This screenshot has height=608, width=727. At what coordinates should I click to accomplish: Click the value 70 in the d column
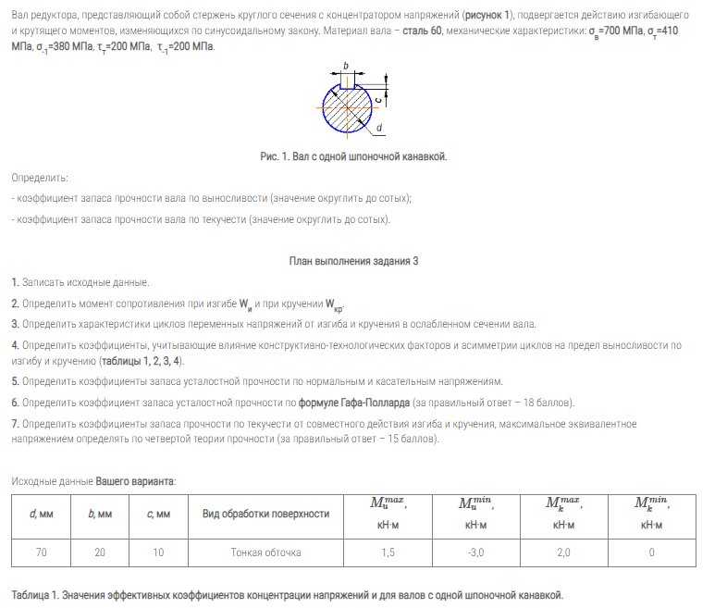coord(42,552)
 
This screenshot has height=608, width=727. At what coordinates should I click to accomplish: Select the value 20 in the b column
coord(99,552)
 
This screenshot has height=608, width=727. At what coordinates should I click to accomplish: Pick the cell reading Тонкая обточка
coord(265,552)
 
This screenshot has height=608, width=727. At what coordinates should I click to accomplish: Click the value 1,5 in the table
coord(388,552)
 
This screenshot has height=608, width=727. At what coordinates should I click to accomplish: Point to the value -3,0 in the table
coord(475,552)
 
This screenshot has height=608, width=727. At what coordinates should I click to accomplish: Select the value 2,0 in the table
coord(563,552)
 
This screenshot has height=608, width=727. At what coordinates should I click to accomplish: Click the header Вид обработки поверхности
coord(265,514)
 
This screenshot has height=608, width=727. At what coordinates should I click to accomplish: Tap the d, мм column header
coord(42,514)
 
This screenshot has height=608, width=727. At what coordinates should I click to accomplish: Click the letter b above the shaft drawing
coord(345,65)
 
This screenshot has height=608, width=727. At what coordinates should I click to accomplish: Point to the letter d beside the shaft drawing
coord(379,128)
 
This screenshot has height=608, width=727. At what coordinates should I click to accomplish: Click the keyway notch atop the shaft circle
coord(347,83)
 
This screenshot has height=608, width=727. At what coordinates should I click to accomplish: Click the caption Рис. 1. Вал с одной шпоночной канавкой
coord(353,156)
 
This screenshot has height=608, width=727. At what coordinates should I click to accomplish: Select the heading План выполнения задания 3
coord(353,261)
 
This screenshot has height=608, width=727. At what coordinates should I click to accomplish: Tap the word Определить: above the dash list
coord(40,177)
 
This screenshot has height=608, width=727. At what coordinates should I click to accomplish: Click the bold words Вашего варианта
coord(135,481)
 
